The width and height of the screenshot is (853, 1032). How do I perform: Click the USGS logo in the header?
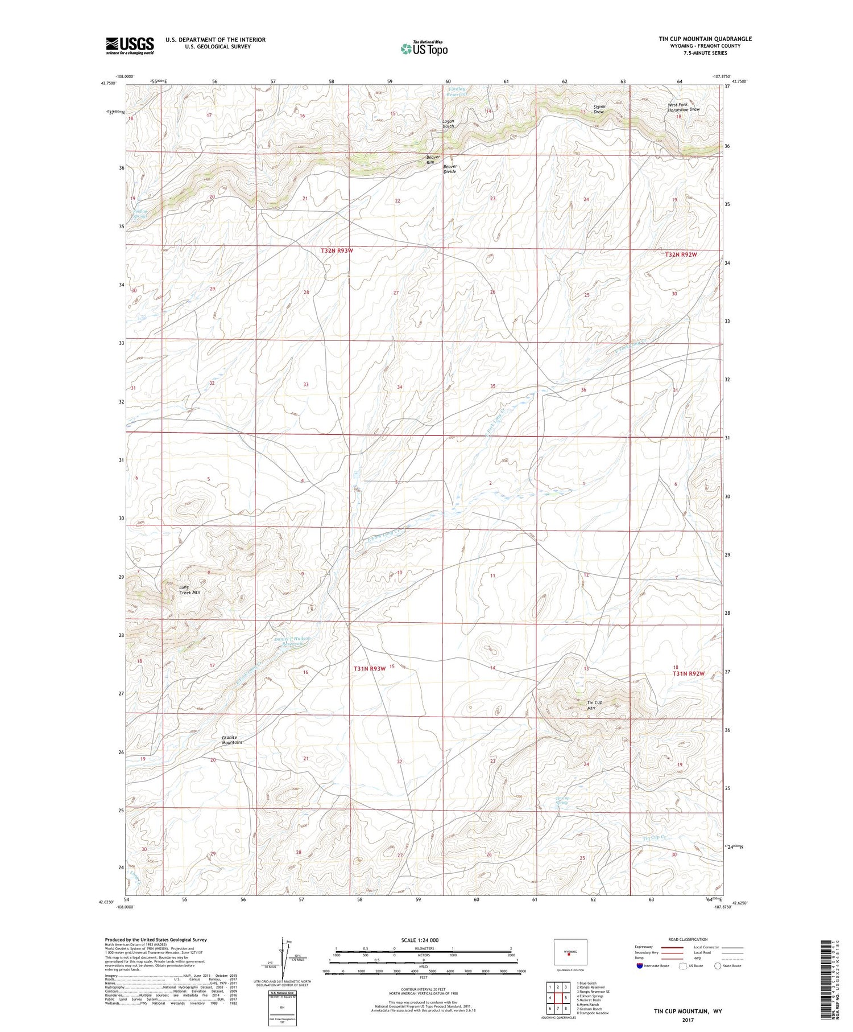click(x=130, y=46)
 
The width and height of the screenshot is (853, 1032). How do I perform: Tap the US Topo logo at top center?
click(x=424, y=48)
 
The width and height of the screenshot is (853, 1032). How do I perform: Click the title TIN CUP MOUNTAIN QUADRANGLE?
click(x=705, y=39)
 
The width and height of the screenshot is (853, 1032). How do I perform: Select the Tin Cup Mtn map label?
click(x=594, y=705)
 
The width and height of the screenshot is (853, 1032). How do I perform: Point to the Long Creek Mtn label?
click(x=189, y=590)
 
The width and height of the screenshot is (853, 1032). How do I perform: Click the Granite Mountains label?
click(x=232, y=740)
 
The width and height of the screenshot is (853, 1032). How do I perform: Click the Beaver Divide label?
click(x=450, y=168)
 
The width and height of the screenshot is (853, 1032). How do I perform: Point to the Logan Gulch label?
click(x=448, y=124)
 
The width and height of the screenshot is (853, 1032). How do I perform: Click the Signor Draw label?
click(x=599, y=109)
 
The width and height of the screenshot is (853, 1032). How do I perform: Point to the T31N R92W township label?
click(x=688, y=673)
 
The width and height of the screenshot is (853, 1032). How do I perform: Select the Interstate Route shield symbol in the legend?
click(x=640, y=965)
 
